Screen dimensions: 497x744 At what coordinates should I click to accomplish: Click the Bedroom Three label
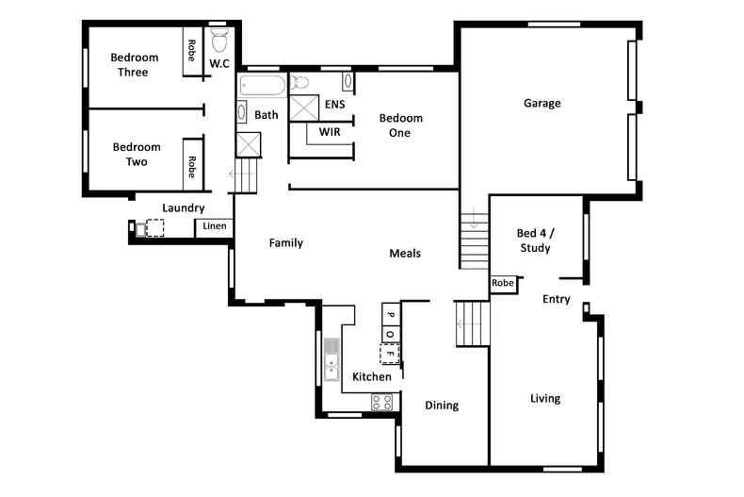(x=134, y=64)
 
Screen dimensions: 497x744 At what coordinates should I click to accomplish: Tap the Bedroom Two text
(x=137, y=154)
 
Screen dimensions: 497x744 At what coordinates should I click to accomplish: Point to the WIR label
(x=330, y=132)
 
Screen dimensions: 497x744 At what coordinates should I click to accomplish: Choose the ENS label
(x=334, y=104)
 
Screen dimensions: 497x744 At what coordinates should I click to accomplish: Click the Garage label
(x=542, y=103)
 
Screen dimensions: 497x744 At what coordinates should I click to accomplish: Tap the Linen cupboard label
(x=215, y=226)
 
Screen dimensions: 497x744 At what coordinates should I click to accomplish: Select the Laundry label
(x=183, y=207)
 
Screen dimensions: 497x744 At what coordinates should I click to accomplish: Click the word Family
(x=285, y=242)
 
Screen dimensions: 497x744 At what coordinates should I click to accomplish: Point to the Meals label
(x=405, y=253)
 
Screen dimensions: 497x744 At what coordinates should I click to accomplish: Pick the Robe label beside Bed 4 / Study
(x=503, y=283)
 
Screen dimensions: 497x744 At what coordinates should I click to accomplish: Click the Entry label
(x=557, y=299)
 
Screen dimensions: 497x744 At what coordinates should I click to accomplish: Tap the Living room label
(x=544, y=398)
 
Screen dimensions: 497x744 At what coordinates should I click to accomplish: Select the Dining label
(x=441, y=406)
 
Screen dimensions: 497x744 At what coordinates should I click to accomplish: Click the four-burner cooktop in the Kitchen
(x=382, y=401)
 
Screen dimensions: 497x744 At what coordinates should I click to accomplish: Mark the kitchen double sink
(x=332, y=359)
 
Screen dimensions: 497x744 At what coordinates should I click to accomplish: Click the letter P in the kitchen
(x=390, y=312)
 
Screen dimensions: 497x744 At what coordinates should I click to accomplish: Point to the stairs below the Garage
(x=475, y=240)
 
